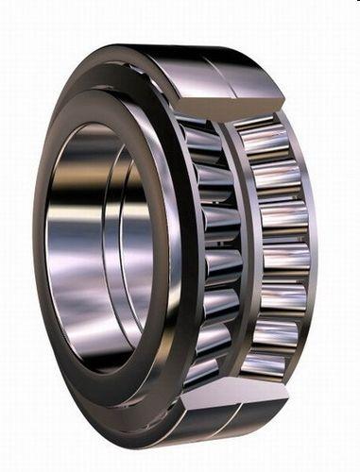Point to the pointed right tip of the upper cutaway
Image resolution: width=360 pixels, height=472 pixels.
point(284,98)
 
